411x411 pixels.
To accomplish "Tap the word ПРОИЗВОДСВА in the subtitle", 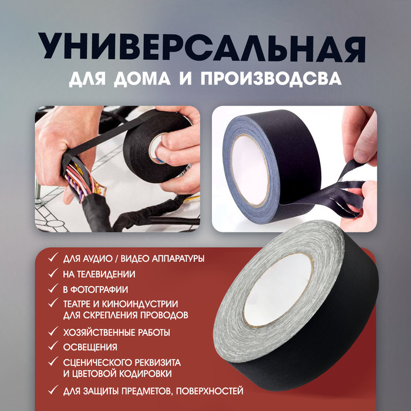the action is point(271,78).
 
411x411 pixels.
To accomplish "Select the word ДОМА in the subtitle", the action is point(142,78).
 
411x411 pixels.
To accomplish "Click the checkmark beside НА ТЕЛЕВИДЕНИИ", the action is point(53,273).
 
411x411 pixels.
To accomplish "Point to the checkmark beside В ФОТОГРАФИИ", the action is point(53,289).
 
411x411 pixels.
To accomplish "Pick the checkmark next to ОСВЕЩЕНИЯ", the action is point(53,346).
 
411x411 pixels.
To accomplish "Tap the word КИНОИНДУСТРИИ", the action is point(140,304).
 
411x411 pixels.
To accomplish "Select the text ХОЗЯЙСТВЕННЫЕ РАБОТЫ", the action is point(116,333).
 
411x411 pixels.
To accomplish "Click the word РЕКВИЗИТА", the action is point(157,363).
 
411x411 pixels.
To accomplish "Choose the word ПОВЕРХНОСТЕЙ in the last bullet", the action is point(210,392).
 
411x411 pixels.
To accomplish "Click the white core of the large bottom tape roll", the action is point(278,289).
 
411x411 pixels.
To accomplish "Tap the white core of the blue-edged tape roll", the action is point(250,170).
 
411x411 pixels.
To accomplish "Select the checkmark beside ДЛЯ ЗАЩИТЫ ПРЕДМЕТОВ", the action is point(53,390).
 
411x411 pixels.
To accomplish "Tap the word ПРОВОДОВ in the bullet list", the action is point(164,315).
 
